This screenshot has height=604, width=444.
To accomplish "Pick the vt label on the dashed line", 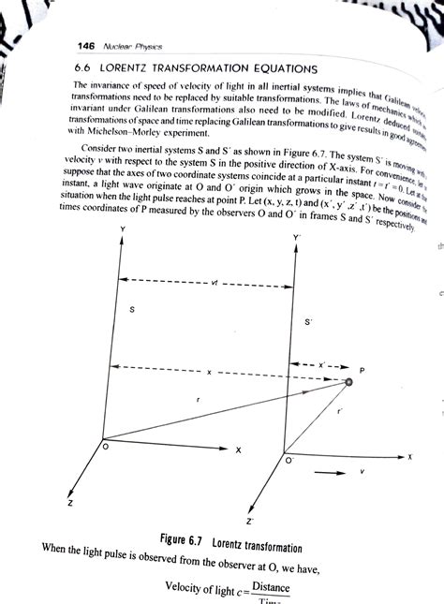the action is click(x=216, y=254).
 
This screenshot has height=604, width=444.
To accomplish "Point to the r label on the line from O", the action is click(x=199, y=400).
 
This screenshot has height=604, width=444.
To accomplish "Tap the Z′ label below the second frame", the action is click(x=248, y=519).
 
